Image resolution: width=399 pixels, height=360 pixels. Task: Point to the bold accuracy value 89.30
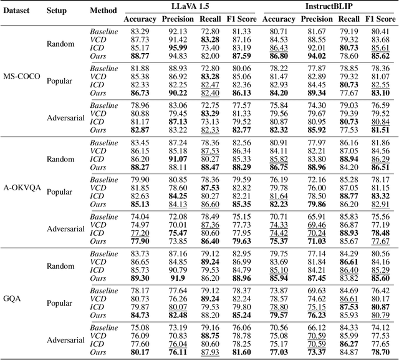(x=140, y=278)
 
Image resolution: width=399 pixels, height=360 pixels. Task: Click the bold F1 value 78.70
(x=380, y=352)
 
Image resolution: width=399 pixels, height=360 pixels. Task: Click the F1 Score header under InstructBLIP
(x=380, y=19)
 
